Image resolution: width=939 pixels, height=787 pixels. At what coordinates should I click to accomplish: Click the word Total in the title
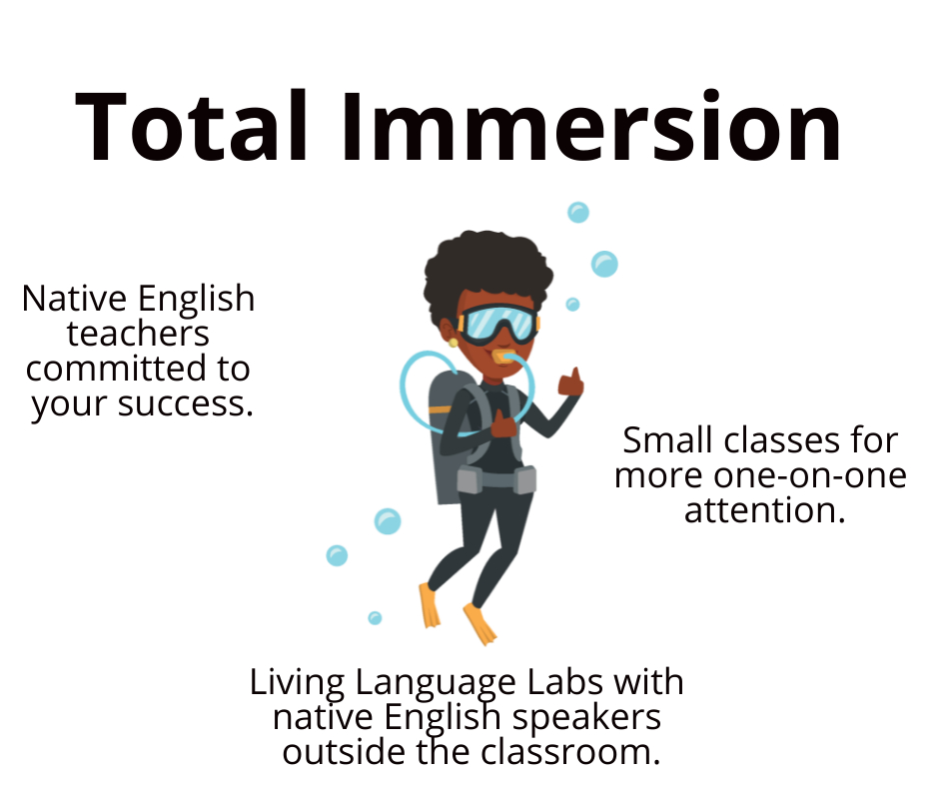pyautogui.click(x=192, y=127)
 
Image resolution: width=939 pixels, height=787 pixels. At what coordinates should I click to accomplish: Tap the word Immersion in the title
pyautogui.click(x=591, y=127)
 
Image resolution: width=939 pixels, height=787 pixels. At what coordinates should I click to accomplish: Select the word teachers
pyautogui.click(x=138, y=335)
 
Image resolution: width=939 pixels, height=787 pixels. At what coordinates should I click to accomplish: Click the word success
pyautogui.click(x=186, y=404)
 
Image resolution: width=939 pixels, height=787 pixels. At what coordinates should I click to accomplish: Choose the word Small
pyautogui.click(x=669, y=440)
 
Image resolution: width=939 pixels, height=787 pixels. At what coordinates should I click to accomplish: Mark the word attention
pyautogui.click(x=765, y=511)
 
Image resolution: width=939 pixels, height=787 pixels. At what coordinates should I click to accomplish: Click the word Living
pyautogui.click(x=297, y=683)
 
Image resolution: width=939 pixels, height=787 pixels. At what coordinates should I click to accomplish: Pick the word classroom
pyautogui.click(x=570, y=752)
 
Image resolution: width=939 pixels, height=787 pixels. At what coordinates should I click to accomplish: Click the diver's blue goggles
pyautogui.click(x=497, y=324)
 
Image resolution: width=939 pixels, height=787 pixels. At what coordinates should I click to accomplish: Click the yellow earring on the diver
pyautogui.click(x=454, y=344)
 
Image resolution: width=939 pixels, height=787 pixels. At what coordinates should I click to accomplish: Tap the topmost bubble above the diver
pyautogui.click(x=578, y=213)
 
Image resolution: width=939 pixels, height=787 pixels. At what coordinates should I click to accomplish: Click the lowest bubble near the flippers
pyautogui.click(x=375, y=618)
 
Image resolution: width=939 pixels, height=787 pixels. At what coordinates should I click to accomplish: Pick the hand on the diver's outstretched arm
pyautogui.click(x=570, y=383)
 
